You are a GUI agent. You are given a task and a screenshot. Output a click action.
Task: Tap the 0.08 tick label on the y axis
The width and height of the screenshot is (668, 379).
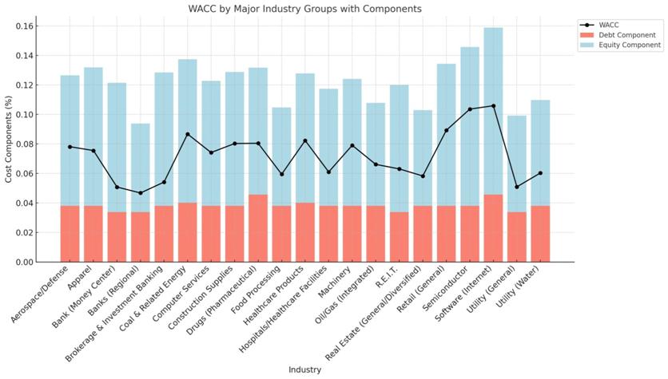[22, 144]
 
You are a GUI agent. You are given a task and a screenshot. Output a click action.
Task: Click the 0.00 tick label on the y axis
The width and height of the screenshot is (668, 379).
[22, 262]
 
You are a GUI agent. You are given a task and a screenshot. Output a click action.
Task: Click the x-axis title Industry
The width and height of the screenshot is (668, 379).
[304, 369]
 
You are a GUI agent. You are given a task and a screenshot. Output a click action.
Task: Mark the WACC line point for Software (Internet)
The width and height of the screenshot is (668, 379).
[493, 106]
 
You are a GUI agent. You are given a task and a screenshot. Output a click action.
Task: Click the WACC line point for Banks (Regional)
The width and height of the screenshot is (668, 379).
[140, 193]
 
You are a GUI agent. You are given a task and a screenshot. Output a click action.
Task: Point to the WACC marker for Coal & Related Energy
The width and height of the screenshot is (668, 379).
[187, 134]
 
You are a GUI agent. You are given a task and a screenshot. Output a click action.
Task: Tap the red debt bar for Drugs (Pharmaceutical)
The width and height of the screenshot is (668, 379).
[257, 228]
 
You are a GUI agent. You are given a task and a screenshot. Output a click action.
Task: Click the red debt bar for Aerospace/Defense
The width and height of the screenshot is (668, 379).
[70, 234]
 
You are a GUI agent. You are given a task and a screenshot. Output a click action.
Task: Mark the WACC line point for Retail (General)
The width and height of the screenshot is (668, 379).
[446, 130]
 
